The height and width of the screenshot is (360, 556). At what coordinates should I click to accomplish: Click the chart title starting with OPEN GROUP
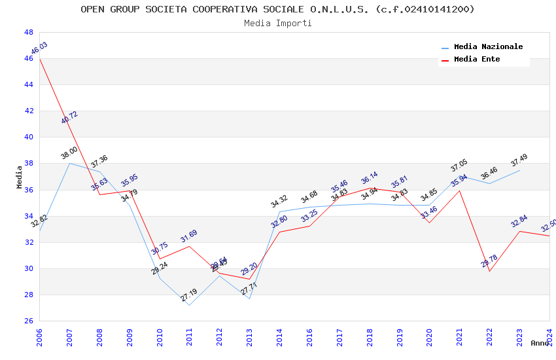pyautogui.click(x=277, y=9)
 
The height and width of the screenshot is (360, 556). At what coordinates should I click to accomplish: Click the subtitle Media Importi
pyautogui.click(x=277, y=23)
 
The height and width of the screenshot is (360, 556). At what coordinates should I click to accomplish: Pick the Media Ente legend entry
pyautogui.click(x=477, y=60)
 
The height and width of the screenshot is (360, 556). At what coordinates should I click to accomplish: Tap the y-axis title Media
pyautogui.click(x=19, y=177)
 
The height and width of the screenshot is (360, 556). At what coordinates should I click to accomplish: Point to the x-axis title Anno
pyautogui.click(x=540, y=343)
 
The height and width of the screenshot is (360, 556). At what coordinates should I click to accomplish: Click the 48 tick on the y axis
pyautogui.click(x=29, y=32)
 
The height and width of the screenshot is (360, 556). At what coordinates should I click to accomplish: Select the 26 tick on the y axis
pyautogui.click(x=29, y=321)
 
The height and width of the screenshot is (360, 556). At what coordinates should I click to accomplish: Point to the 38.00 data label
pyautogui.click(x=69, y=153)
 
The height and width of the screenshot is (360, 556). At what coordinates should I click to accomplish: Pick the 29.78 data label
pyautogui.click(x=489, y=261)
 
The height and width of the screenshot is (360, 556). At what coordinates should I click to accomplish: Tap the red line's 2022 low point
pyautogui.click(x=489, y=271)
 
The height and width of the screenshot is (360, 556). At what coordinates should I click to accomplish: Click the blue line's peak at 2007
pyautogui.click(x=69, y=163)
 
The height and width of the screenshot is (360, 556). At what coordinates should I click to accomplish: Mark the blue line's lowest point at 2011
pyautogui.click(x=189, y=305)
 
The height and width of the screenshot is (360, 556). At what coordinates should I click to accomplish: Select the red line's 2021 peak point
pyautogui.click(x=459, y=190)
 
